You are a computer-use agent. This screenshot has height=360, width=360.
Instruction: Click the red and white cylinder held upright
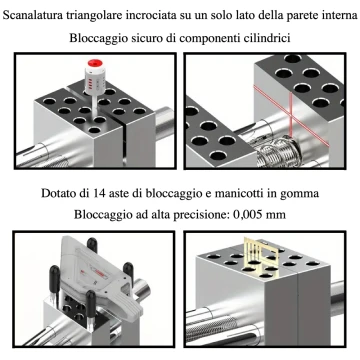97,81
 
